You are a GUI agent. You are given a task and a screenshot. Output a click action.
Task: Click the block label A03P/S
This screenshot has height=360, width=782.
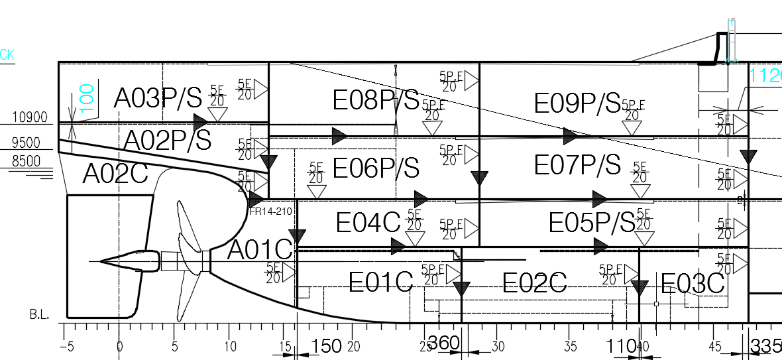point(158,98)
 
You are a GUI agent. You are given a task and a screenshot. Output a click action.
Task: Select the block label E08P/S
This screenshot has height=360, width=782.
point(376,100)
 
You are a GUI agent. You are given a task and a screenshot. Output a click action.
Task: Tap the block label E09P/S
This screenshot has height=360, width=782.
point(577,103)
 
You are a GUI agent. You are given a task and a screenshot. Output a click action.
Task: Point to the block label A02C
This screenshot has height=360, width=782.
point(114,173)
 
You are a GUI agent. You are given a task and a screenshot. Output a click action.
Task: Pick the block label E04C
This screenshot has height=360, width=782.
point(368,223)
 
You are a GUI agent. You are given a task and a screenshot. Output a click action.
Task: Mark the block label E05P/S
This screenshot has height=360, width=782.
point(591,223)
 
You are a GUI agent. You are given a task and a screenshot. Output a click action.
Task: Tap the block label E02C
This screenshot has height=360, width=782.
point(534,284)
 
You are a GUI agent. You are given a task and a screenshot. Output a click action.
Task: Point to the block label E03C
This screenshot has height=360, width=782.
point(693,284)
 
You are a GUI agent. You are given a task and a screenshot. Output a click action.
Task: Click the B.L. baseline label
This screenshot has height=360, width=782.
point(39,314)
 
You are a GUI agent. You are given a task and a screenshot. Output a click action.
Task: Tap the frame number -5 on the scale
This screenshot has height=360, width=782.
point(66,346)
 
